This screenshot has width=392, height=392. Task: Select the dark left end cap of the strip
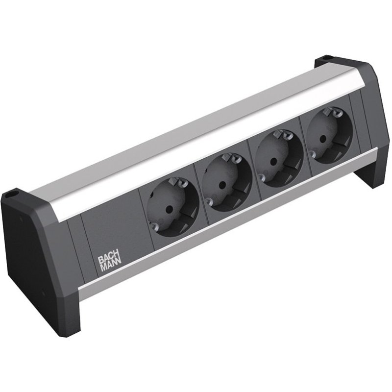pos(34,265)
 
